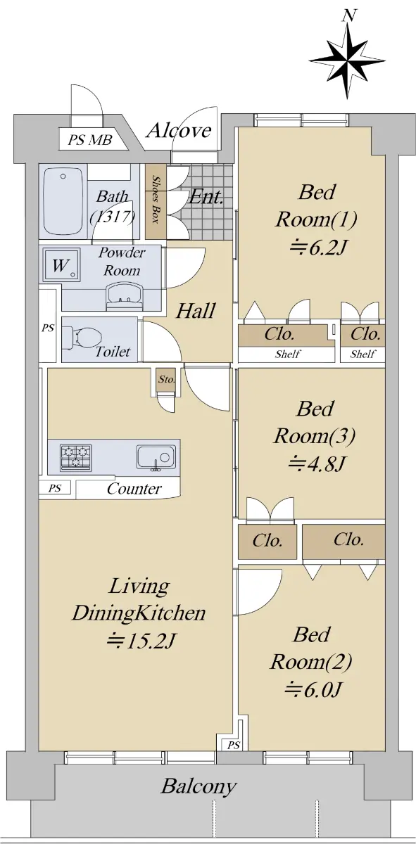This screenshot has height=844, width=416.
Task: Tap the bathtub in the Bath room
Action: coord(63,203)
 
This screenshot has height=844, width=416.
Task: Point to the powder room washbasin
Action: coord(125,297)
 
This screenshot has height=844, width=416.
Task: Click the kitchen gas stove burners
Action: coord(76,456)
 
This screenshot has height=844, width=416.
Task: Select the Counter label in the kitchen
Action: coord(134,489)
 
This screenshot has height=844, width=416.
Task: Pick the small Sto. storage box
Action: coord(166,379)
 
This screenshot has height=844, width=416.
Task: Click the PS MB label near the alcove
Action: coord(90,140)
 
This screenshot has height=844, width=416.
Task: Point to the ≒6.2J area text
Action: coord(317,249)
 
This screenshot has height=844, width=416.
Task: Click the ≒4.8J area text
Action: coord(316,463)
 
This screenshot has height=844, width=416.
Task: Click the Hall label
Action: coord(196,311)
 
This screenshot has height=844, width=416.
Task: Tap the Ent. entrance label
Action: coord(206,196)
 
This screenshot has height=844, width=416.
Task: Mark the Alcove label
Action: coord(179,130)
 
